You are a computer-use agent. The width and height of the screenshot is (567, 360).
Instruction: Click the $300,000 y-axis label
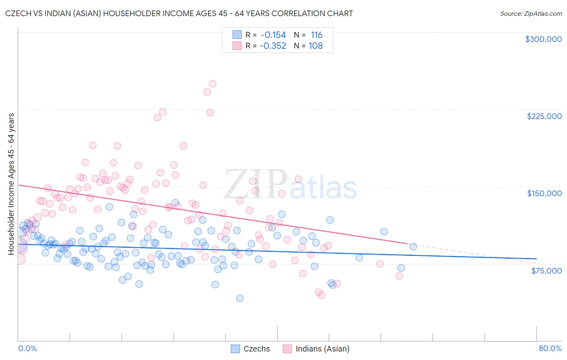(543, 39)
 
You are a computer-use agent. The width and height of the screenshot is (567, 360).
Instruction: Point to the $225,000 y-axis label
(544, 116)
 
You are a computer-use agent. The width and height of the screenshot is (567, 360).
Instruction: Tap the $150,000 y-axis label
(544, 193)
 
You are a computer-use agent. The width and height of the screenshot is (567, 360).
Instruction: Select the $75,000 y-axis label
(546, 271)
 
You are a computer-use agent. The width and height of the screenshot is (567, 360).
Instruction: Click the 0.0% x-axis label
(27, 348)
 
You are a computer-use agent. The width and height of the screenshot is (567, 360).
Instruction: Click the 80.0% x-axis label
(550, 348)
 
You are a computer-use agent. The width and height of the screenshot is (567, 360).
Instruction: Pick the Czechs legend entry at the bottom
(250, 349)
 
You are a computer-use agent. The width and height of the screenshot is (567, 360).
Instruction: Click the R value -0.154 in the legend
(273, 35)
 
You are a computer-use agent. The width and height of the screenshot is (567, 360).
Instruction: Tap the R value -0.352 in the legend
(273, 46)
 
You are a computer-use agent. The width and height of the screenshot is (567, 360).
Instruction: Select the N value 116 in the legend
(317, 35)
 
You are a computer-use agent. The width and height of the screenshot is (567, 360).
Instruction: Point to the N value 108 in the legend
(316, 46)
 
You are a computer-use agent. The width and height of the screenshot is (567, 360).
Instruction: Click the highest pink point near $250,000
(213, 84)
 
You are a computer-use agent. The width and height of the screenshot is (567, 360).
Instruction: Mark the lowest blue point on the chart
(240, 298)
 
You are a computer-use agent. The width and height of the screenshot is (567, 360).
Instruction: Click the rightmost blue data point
(413, 247)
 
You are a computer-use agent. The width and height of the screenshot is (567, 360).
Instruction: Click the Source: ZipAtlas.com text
(531, 14)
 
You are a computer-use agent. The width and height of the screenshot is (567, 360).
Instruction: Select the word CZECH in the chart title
(18, 14)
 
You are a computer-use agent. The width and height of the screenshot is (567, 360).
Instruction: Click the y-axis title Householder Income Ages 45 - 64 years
(11, 184)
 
